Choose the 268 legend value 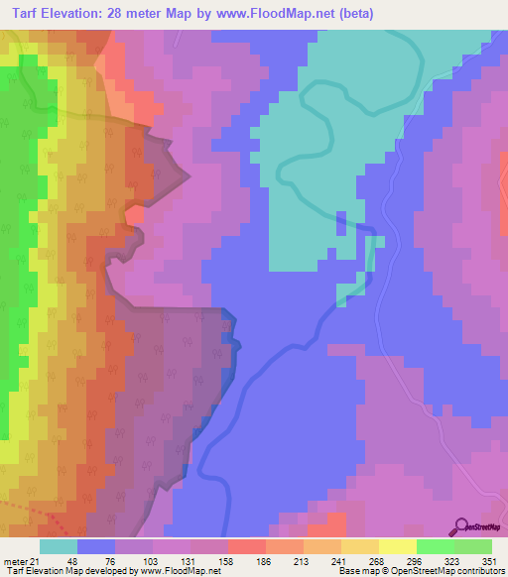tap(378, 560)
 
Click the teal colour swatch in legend tap(59, 546)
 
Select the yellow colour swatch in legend tap(397, 546)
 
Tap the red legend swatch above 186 tap(246, 546)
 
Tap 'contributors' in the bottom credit tap(479, 572)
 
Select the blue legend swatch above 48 tap(96, 546)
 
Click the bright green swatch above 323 tap(435, 546)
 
